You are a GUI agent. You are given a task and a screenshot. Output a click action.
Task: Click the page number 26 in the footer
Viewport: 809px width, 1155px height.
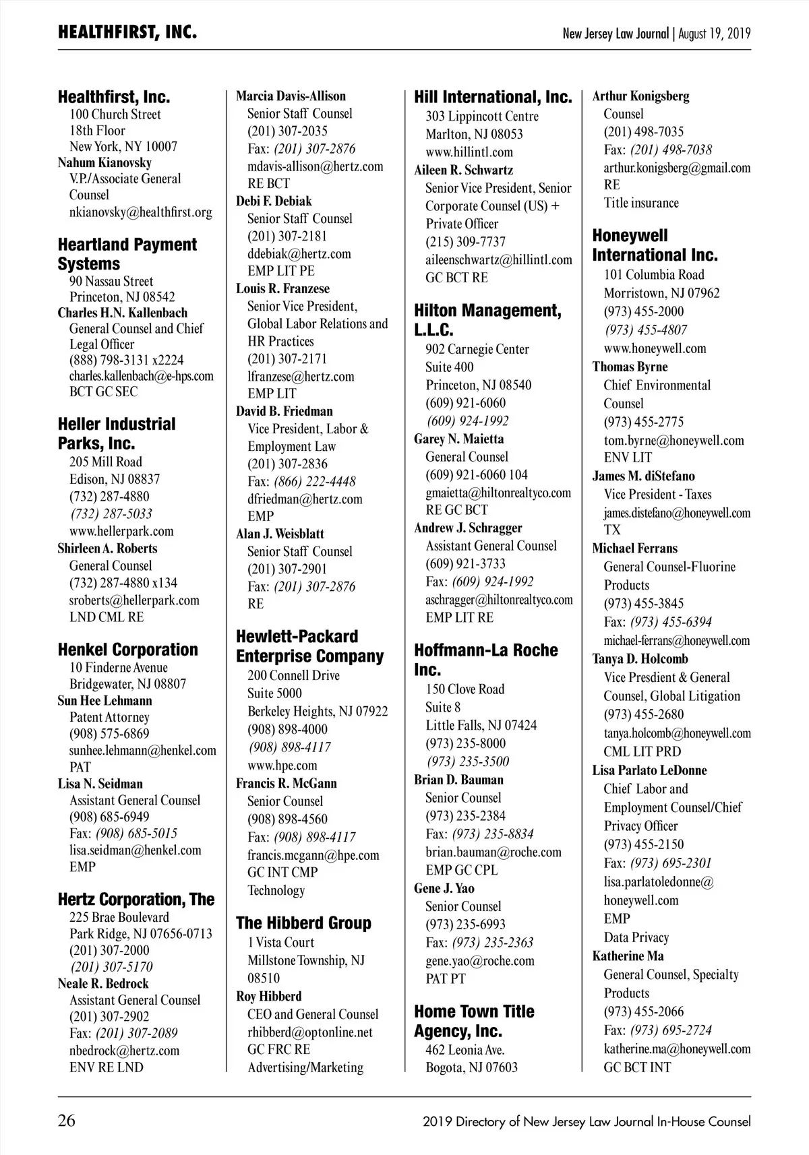[67, 1121]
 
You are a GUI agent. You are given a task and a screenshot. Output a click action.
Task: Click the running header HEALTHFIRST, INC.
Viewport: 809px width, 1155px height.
[127, 32]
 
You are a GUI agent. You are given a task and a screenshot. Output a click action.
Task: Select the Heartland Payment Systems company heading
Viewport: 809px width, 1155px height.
[127, 254]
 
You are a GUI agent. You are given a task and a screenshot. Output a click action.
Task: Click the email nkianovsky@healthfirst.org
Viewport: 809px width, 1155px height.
[140, 212]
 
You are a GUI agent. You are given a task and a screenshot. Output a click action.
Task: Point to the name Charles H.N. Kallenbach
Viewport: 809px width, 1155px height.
[122, 313]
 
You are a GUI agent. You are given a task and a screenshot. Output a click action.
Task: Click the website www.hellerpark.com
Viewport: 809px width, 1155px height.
[121, 531]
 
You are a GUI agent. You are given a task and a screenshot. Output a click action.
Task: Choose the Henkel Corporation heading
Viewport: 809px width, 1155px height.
[127, 650]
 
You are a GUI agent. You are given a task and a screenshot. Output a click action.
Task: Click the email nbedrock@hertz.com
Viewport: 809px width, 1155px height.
[124, 1050]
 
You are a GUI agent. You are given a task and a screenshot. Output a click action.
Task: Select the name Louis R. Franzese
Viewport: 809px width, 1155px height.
[282, 289]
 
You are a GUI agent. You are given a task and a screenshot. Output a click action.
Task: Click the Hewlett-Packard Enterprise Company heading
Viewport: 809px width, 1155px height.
[309, 646]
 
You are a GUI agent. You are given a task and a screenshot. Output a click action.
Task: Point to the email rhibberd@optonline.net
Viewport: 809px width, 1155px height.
[309, 1032]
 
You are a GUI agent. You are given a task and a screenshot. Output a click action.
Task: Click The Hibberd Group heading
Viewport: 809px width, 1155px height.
[303, 923]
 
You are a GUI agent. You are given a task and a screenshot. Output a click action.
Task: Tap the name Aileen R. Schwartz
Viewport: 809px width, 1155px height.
[463, 170]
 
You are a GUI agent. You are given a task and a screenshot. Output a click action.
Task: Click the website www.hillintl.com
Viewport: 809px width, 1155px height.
[469, 152]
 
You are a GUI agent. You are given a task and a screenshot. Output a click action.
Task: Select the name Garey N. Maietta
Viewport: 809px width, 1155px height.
[458, 439]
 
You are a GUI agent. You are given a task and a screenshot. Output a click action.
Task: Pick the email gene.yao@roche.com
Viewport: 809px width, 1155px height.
[479, 960]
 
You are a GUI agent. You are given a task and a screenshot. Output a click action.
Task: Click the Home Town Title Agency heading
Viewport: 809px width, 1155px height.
[474, 1021]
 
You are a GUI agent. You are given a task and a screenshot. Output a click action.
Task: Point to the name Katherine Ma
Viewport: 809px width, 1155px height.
[628, 956]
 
